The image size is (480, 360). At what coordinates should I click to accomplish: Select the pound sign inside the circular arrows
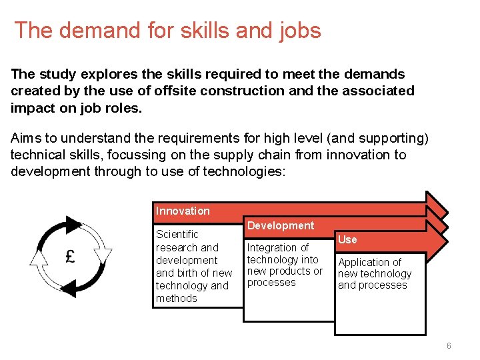(69, 257)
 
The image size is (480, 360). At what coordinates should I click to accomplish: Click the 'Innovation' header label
(183, 211)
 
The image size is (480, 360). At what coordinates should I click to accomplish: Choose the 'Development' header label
(280, 225)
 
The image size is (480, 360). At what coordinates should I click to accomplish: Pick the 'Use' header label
(347, 239)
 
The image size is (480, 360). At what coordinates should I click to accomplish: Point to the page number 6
(449, 346)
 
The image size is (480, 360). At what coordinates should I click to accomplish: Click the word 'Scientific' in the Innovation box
(177, 234)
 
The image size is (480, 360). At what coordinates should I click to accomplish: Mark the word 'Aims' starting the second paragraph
(26, 139)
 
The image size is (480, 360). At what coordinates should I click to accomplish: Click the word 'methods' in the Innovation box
(177, 298)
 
